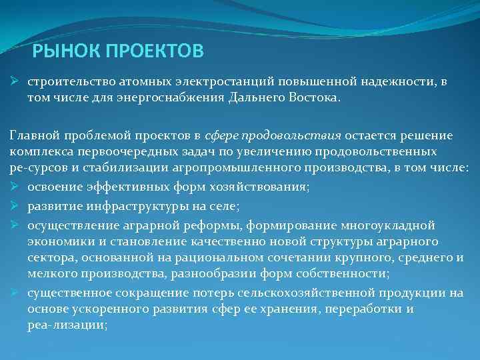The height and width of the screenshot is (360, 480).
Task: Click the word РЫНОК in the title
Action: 60,51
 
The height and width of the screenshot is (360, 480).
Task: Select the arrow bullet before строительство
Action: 14,81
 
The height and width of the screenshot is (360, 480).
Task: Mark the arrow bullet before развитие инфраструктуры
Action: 14,207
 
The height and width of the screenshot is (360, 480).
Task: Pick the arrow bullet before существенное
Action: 14,293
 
